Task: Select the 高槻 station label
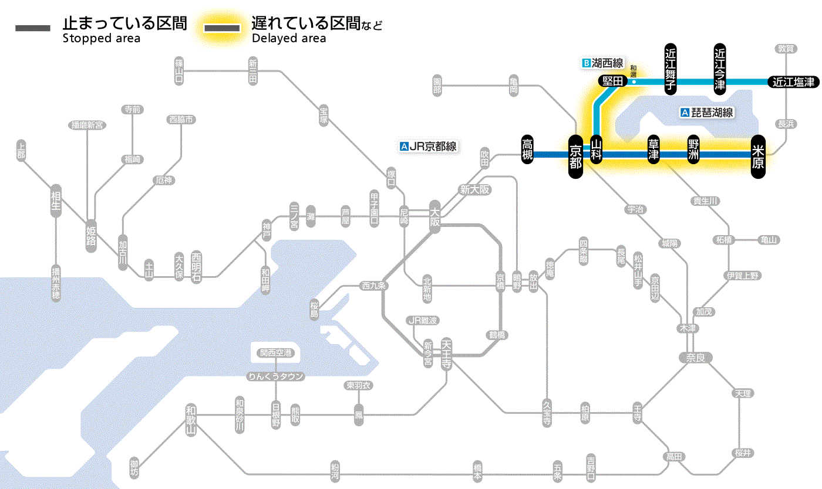point(527,150)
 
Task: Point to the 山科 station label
point(596,151)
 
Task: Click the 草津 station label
point(653,151)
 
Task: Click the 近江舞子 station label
point(670,68)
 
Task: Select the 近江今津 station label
point(719,68)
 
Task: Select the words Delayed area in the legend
point(288,39)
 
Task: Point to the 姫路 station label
point(91,236)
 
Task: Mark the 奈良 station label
point(695,357)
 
